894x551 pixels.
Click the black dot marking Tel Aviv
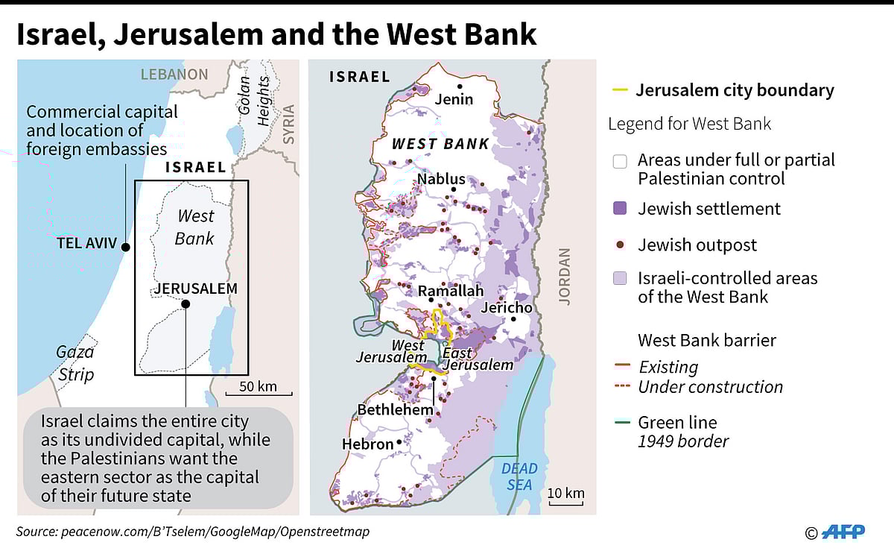(x=126, y=247)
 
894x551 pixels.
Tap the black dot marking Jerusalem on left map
(x=186, y=303)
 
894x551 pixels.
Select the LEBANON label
(x=174, y=74)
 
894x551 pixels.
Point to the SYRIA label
(x=288, y=128)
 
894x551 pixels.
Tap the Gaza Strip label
(x=76, y=362)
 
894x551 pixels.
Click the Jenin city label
(x=454, y=98)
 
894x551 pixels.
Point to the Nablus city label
(x=441, y=179)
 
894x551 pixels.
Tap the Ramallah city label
(x=451, y=291)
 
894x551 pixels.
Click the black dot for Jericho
(x=513, y=320)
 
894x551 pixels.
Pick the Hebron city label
(x=367, y=444)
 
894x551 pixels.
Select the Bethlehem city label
(x=395, y=409)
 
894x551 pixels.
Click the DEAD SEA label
(x=519, y=476)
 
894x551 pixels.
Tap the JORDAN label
(x=564, y=277)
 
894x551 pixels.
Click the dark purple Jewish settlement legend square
(x=619, y=209)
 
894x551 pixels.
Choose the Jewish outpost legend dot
(x=619, y=245)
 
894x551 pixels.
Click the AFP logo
(x=843, y=532)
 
